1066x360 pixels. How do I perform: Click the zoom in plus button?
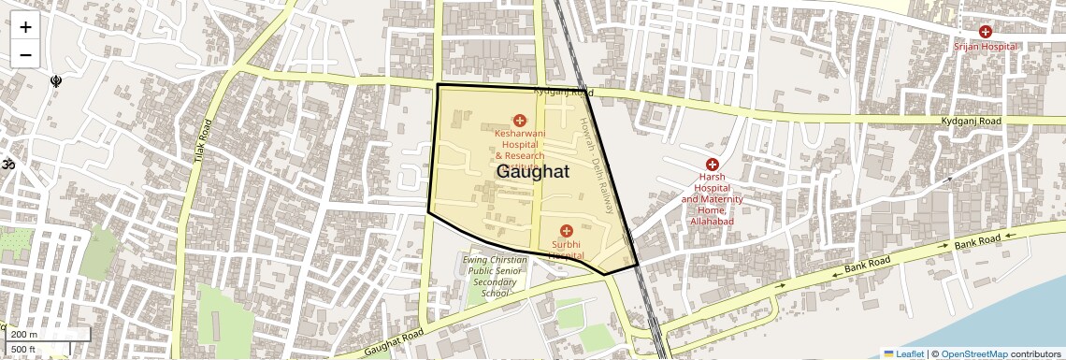pyautogui.click(x=25, y=27)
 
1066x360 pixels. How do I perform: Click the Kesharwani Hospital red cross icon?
pyautogui.click(x=519, y=120)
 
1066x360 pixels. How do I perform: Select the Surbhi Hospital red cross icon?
pyautogui.click(x=566, y=230)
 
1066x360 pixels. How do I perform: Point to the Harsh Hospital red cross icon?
pyautogui.click(x=712, y=164)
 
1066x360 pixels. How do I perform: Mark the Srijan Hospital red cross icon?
pyautogui.click(x=985, y=32)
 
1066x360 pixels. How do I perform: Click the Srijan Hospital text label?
pyautogui.click(x=985, y=46)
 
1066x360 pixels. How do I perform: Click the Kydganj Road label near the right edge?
pyautogui.click(x=972, y=122)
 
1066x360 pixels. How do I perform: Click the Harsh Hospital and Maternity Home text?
pyautogui.click(x=712, y=199)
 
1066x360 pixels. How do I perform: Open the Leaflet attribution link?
pyautogui.click(x=903, y=353)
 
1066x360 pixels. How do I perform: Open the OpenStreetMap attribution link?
pyautogui.click(x=973, y=353)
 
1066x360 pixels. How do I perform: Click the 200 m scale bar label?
pyautogui.click(x=24, y=334)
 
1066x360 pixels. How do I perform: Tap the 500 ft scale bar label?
pyautogui.click(x=24, y=350)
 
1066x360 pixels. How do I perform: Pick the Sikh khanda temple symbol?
pyautogui.click(x=56, y=81)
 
